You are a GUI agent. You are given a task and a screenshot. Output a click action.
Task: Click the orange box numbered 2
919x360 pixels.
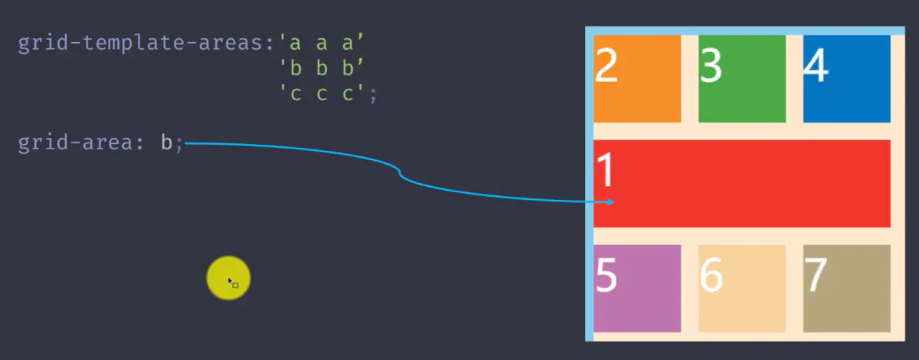(637, 79)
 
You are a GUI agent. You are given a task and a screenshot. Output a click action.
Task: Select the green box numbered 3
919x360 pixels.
(742, 79)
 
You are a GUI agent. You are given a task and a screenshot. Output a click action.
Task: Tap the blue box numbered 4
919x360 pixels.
(847, 79)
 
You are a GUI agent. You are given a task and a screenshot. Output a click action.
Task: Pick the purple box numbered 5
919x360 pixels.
(637, 289)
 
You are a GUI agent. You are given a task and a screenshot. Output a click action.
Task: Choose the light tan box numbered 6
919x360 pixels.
(742, 289)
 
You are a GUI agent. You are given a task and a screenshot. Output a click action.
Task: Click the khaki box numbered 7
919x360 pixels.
(847, 289)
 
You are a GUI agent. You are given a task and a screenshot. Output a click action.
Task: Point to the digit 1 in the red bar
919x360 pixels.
(605, 169)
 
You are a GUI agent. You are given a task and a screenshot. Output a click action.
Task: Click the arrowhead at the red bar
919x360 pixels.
(611, 202)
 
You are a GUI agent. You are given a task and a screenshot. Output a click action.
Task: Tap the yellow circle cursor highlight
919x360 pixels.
(228, 278)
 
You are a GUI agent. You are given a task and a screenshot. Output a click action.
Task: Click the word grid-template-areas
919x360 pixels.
(140, 44)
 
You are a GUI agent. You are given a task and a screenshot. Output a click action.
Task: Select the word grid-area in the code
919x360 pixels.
(75, 142)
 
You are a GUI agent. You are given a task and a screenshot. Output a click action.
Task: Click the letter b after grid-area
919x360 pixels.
(166, 142)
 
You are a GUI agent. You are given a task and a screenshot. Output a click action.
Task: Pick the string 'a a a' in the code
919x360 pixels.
(321, 43)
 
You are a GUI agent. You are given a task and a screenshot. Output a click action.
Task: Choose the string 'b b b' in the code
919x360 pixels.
(321, 67)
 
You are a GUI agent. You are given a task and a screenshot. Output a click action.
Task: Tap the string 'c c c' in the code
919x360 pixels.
(321, 93)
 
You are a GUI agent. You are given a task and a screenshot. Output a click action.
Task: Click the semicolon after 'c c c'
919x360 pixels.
(373, 96)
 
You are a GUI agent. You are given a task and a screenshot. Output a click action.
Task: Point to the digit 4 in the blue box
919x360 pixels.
(816, 65)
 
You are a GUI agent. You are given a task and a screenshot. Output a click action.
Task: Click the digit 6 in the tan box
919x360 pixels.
(711, 275)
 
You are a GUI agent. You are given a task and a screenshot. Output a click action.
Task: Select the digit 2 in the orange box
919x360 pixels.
(606, 65)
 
